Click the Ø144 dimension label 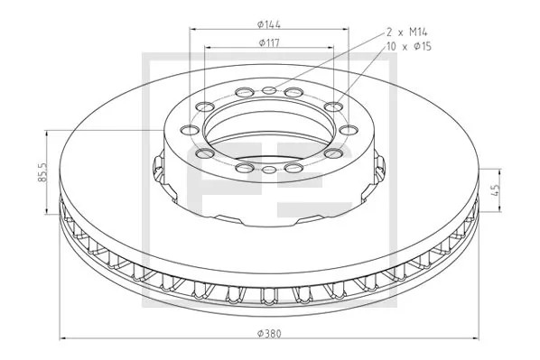pyautogui.click(x=269, y=24)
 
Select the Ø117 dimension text pyautogui.click(x=269, y=43)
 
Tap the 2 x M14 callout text pyautogui.click(x=406, y=32)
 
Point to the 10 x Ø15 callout pyautogui.click(x=409, y=46)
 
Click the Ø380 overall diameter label pyautogui.click(x=269, y=334)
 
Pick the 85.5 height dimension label pyautogui.click(x=42, y=172)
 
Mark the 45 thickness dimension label pyautogui.click(x=495, y=190)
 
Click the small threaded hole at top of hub pyautogui.click(x=269, y=90)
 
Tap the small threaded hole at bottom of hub pyautogui.click(x=269, y=170)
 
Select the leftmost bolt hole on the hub pyautogui.click(x=190, y=131)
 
